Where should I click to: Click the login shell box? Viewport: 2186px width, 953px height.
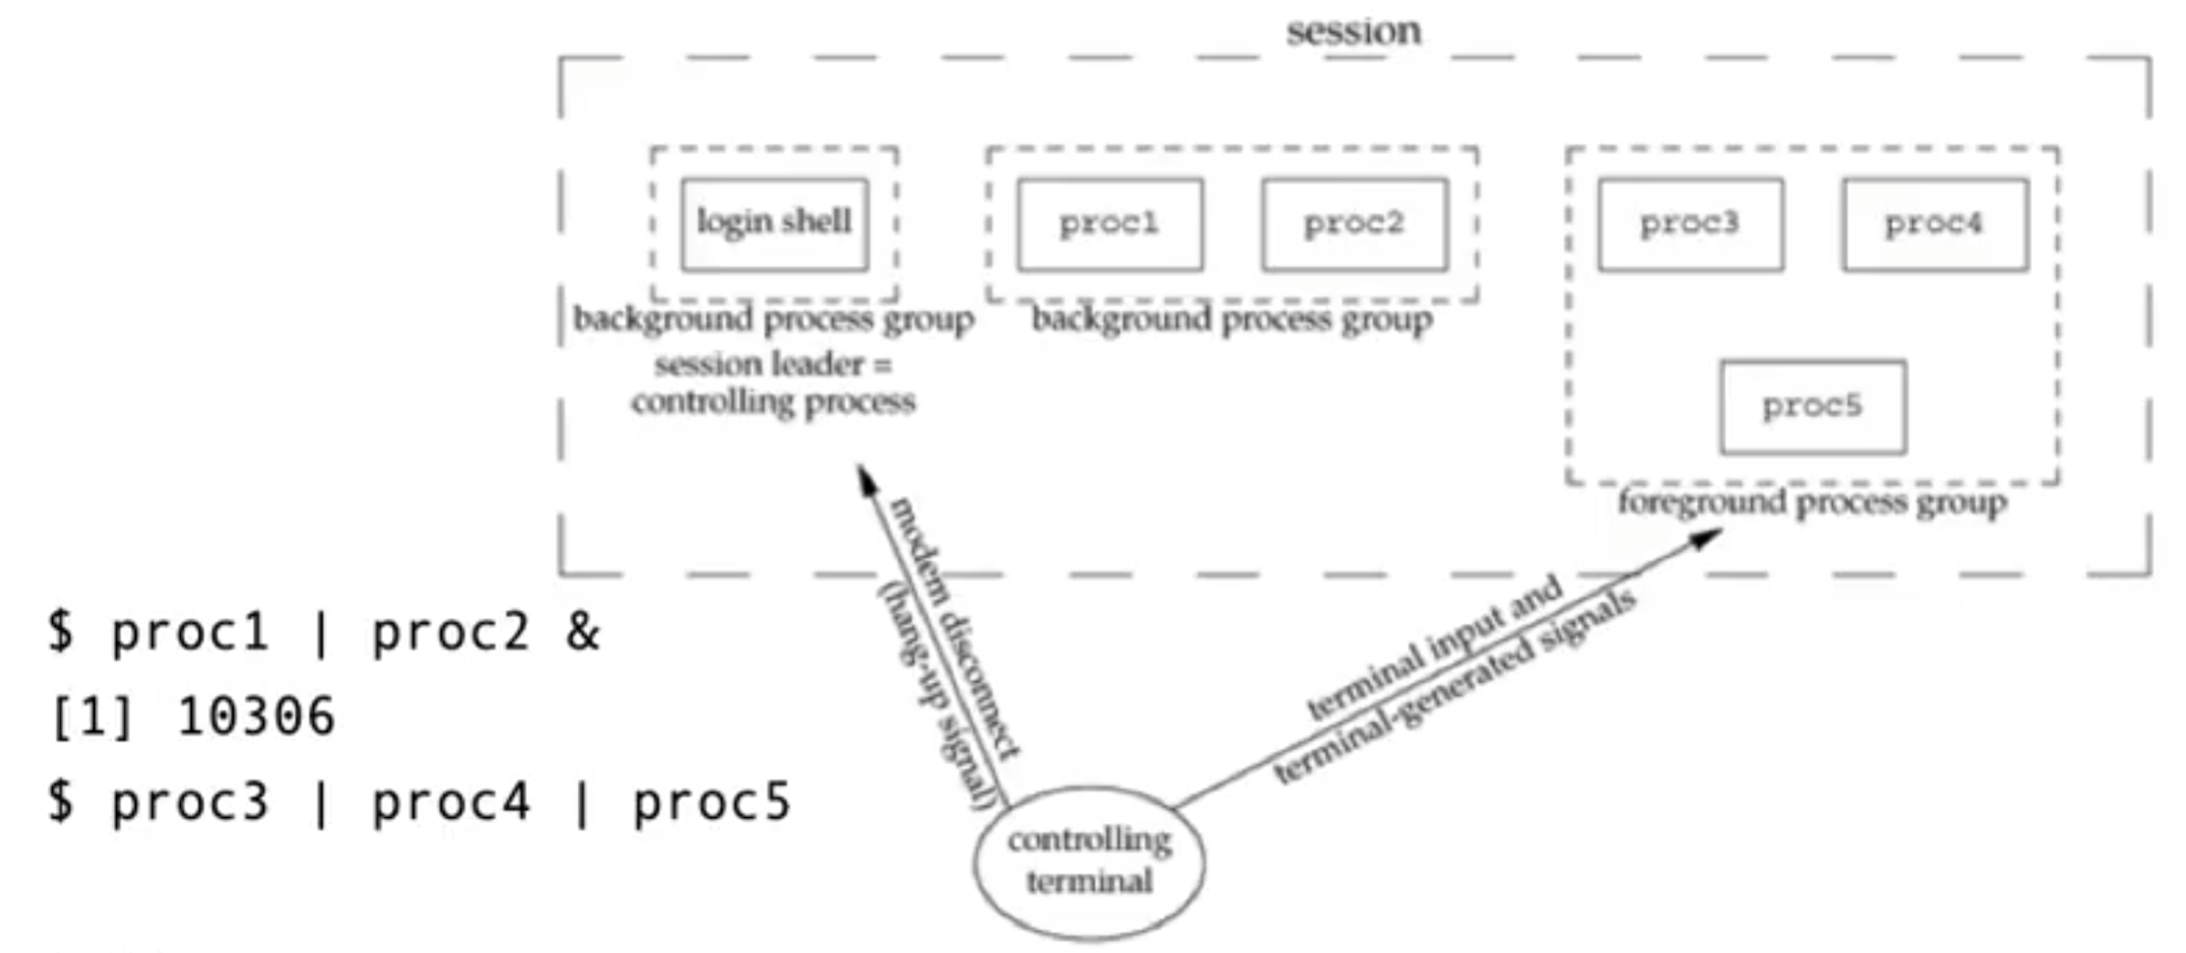pyautogui.click(x=774, y=224)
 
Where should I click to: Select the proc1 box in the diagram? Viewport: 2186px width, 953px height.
pyautogui.click(x=1109, y=224)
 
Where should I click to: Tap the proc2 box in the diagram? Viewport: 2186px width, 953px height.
pyautogui.click(x=1354, y=224)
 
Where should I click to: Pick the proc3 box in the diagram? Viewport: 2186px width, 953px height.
pyautogui.click(x=1690, y=224)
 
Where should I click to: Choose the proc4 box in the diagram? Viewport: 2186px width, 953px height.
pyautogui.click(x=1935, y=224)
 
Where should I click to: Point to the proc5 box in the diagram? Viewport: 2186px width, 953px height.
pyautogui.click(x=1813, y=406)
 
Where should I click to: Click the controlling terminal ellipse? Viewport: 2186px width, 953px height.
pyautogui.click(x=1088, y=862)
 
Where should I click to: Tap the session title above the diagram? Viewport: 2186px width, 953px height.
pyautogui.click(x=1353, y=32)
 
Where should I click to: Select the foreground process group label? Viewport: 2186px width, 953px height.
pyautogui.click(x=1812, y=502)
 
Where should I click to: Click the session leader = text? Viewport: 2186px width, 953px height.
pyautogui.click(x=772, y=365)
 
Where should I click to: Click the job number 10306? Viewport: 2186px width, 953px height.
pyautogui.click(x=257, y=717)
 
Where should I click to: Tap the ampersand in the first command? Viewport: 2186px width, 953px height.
pyautogui.click(x=583, y=632)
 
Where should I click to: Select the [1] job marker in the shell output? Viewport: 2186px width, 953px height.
pyautogui.click(x=91, y=717)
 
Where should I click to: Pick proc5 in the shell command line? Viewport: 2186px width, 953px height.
pyautogui.click(x=711, y=803)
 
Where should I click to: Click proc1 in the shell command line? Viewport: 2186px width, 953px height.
pyautogui.click(x=190, y=632)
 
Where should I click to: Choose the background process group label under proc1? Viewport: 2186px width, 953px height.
pyautogui.click(x=1231, y=319)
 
